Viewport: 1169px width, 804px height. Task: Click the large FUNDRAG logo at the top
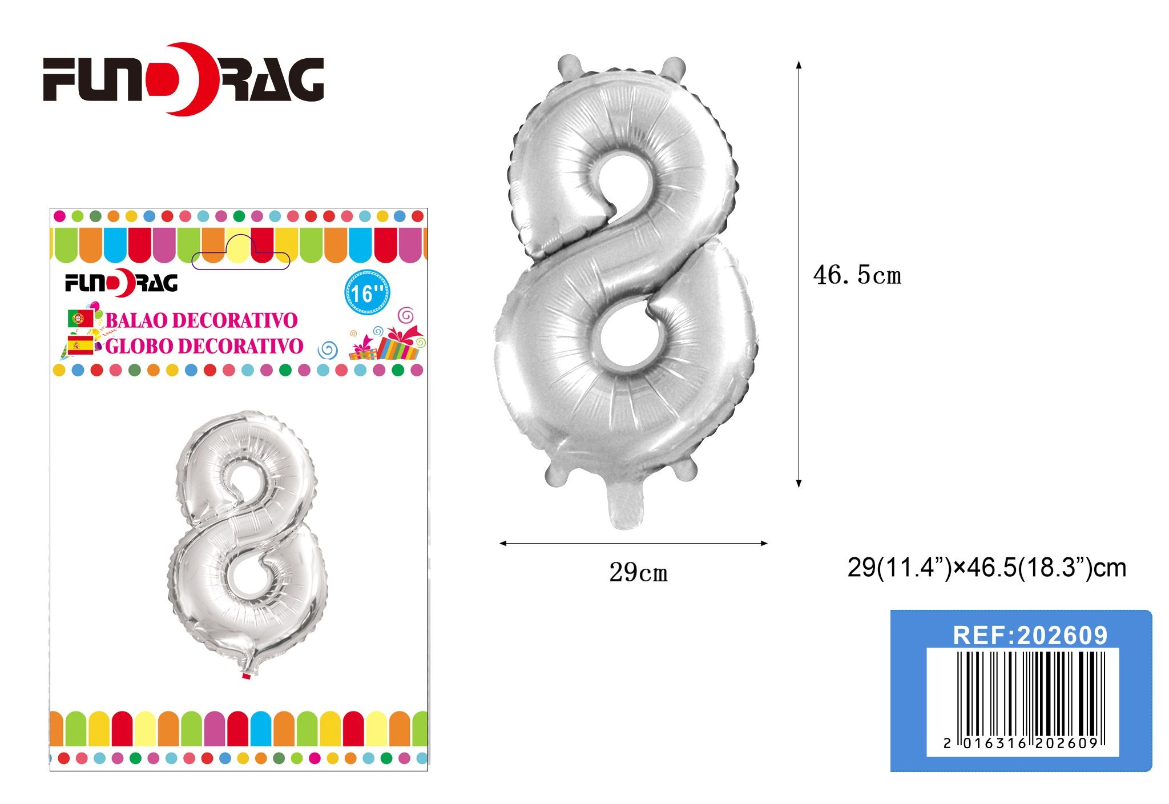point(184,78)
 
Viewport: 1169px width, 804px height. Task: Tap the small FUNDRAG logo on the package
point(121,283)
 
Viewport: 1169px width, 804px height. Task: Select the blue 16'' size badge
point(367,293)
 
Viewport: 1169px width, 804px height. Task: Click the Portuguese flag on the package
point(80,319)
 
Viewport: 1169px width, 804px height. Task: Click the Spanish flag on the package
point(80,345)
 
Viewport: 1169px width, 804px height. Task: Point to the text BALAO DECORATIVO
point(201,320)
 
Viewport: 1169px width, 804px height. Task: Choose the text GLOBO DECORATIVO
point(204,346)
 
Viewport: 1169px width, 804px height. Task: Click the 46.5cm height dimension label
point(857,275)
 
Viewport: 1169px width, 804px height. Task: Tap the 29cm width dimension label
point(638,572)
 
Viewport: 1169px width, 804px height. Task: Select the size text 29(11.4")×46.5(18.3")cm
point(987,568)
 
